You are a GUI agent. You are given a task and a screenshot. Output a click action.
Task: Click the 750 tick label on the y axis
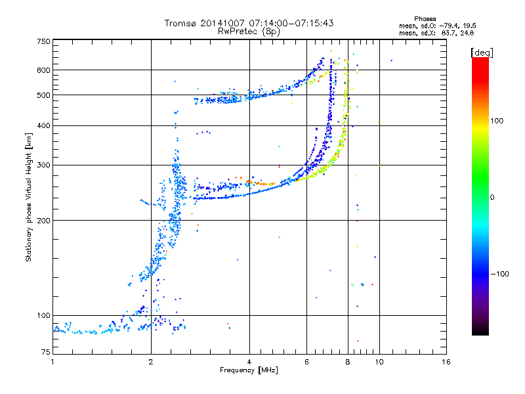point(43,41)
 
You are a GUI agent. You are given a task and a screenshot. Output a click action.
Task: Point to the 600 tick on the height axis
point(43,70)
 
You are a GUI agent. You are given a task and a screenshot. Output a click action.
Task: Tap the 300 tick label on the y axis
point(43,165)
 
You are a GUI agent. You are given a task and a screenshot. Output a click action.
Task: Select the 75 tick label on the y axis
point(46,352)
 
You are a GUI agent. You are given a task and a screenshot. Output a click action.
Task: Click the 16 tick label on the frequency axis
point(446,362)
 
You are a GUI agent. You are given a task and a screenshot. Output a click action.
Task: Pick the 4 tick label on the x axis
point(249,362)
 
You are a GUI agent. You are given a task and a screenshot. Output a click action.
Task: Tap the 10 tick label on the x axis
point(379,362)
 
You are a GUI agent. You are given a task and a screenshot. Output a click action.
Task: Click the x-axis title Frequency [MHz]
point(249,370)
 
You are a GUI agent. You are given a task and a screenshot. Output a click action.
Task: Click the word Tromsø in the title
point(181,23)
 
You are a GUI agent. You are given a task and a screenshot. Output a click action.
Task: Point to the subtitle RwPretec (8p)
point(249,32)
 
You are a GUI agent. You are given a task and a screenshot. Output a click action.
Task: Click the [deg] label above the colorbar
point(482,53)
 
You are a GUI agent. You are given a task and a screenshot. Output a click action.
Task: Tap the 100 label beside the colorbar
point(497,121)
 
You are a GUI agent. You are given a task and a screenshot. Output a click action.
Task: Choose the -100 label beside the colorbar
point(499,274)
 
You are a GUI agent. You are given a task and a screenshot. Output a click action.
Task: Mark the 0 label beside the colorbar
point(492,198)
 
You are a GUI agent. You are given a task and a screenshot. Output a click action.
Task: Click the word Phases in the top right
point(425,19)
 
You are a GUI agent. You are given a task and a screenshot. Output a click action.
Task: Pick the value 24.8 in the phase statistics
point(467,33)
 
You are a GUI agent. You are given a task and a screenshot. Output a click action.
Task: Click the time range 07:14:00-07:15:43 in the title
point(291,23)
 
